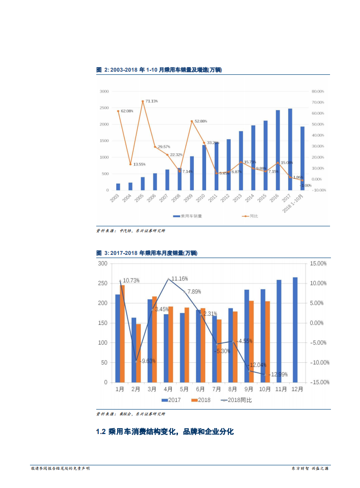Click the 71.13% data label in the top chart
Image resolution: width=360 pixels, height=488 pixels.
(152, 101)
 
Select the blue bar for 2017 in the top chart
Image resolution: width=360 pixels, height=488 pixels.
(290, 149)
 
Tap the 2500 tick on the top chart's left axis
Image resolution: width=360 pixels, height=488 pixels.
(104, 107)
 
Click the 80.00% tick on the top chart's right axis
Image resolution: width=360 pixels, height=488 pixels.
(317, 91)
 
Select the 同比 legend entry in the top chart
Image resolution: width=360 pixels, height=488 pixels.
(250, 216)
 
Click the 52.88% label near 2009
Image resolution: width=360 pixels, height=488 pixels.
(201, 121)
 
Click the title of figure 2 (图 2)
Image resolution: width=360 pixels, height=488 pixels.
(159, 70)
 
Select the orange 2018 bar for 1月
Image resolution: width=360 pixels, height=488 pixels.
(122, 333)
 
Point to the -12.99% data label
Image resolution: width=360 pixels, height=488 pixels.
(278, 375)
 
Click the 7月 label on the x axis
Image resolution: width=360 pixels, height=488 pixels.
(217, 389)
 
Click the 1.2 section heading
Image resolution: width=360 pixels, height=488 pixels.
(165, 432)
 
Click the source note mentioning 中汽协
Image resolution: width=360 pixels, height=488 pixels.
(131, 231)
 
